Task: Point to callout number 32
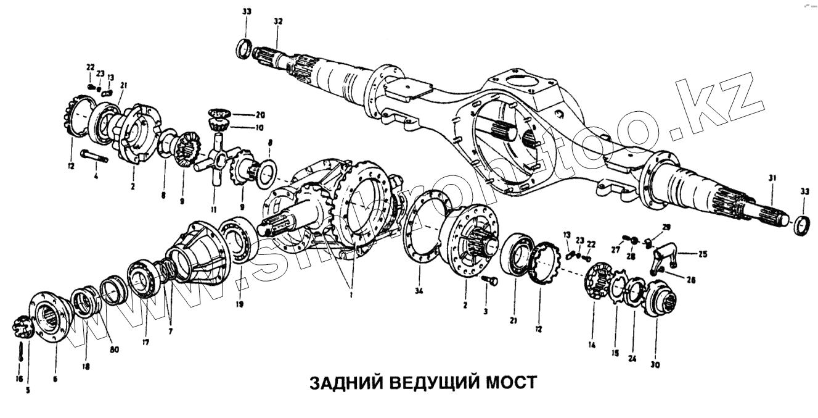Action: tap(278, 22)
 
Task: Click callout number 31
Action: tap(773, 179)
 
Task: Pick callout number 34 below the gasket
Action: tap(420, 291)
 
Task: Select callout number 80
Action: tap(114, 349)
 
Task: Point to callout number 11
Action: tap(213, 209)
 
